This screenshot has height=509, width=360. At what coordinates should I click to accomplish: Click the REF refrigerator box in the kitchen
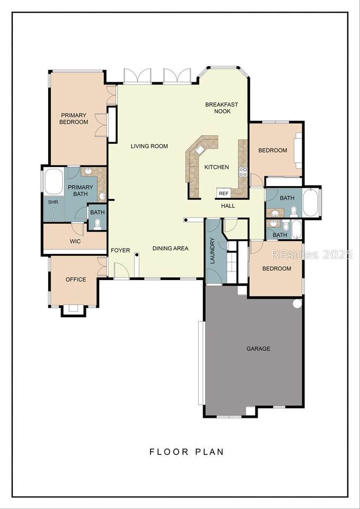tap(223, 193)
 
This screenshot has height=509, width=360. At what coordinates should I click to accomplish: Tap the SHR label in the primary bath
tap(53, 201)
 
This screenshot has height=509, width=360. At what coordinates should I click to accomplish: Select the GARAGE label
tap(258, 349)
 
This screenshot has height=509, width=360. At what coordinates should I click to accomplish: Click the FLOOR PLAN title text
tap(187, 452)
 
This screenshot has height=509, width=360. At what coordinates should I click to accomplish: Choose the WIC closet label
tap(75, 242)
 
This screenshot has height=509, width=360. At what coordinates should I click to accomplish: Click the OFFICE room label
tap(76, 279)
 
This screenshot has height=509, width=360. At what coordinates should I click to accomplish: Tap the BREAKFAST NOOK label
tap(222, 108)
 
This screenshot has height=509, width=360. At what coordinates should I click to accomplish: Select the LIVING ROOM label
tap(150, 146)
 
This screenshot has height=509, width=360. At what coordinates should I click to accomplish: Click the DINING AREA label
tap(170, 248)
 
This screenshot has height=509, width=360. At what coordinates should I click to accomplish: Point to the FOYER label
tap(120, 250)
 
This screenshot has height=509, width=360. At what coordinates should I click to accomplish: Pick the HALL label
tap(228, 206)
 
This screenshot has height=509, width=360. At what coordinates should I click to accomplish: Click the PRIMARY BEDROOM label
tap(74, 118)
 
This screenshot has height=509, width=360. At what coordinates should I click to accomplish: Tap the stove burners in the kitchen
tap(243, 172)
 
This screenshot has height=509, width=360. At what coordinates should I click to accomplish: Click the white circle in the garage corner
tap(297, 303)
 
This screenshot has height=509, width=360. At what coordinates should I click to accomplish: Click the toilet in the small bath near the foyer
tap(98, 223)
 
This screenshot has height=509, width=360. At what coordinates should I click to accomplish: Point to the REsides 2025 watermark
tap(312, 254)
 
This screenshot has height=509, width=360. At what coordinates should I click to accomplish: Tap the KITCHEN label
tap(216, 167)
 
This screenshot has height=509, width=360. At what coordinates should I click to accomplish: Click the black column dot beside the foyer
tap(137, 255)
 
